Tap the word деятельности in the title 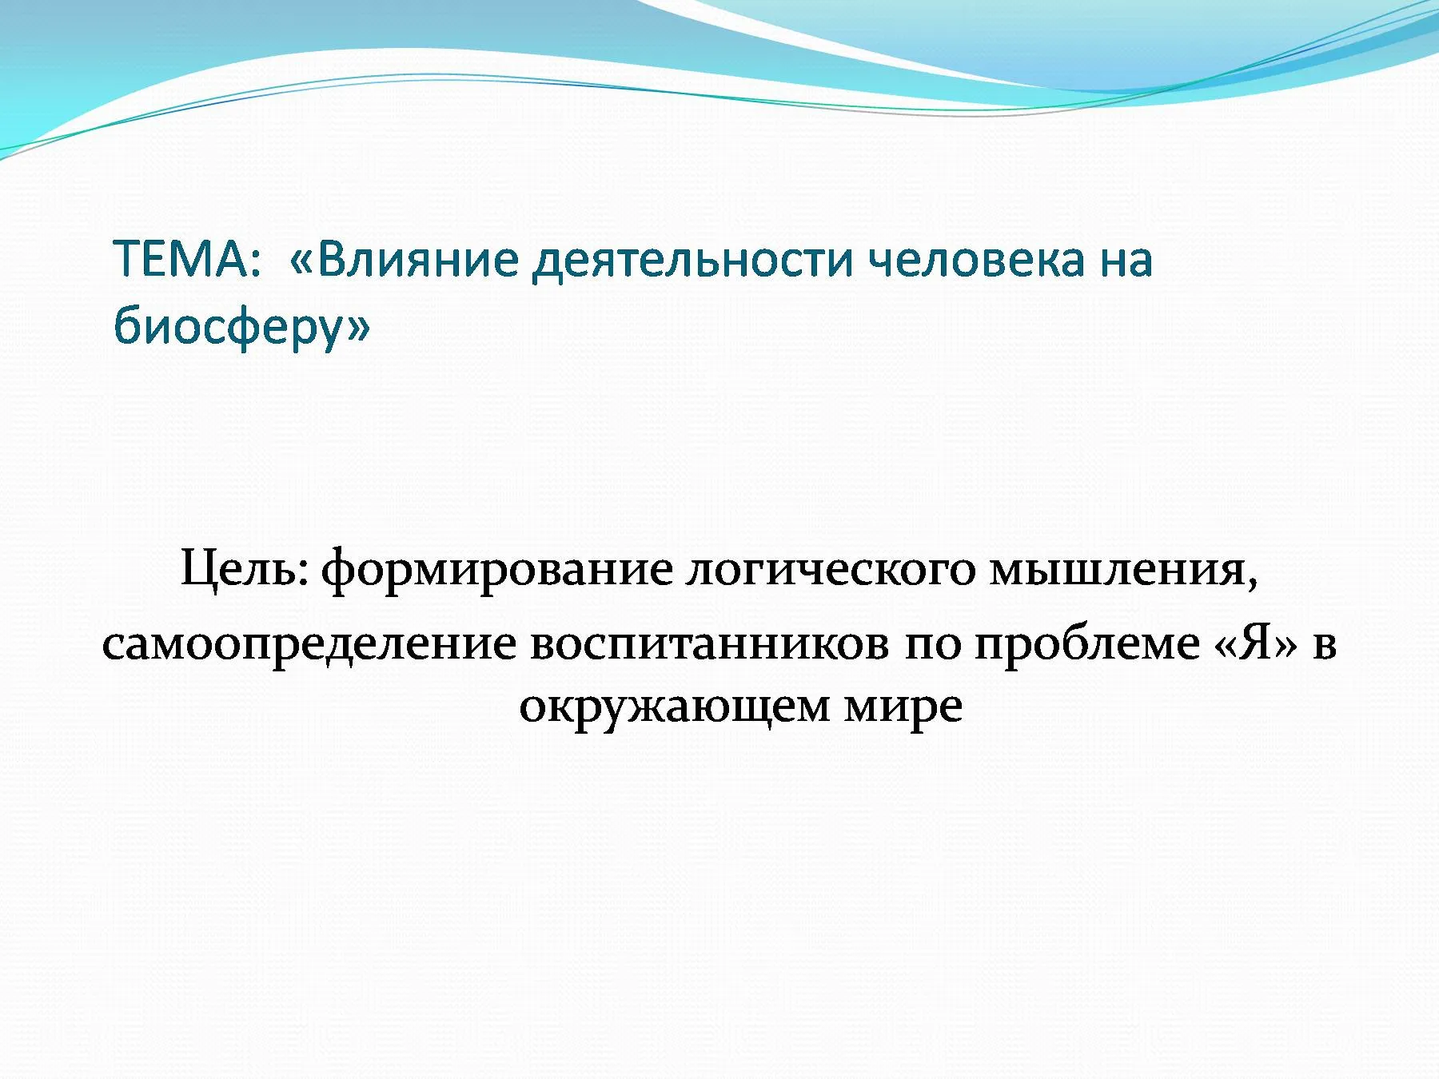point(694,260)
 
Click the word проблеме point(1086,644)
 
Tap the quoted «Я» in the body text point(1256,643)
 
